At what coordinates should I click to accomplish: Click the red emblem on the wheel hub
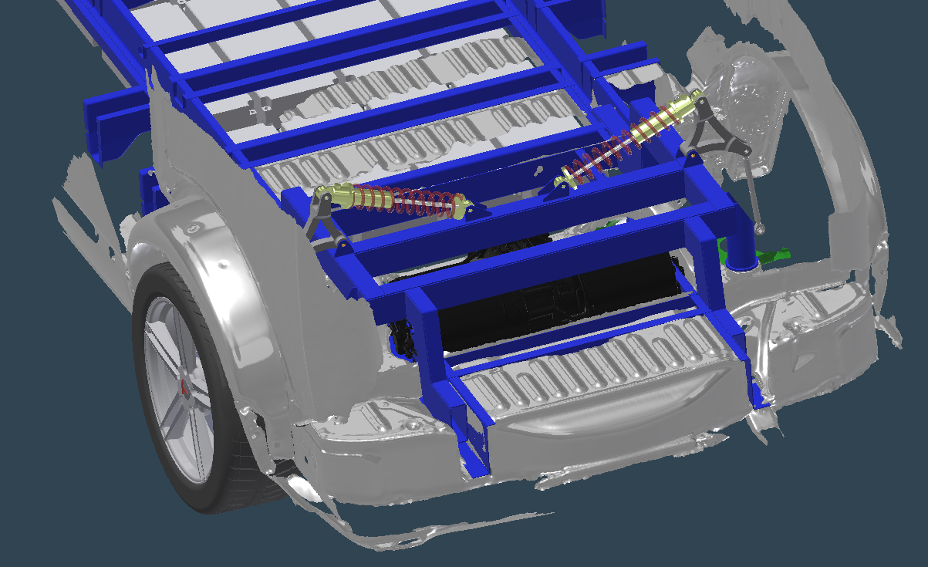[185, 389]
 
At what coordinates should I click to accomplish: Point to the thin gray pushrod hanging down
[751, 193]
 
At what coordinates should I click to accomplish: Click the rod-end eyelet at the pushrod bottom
[761, 228]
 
